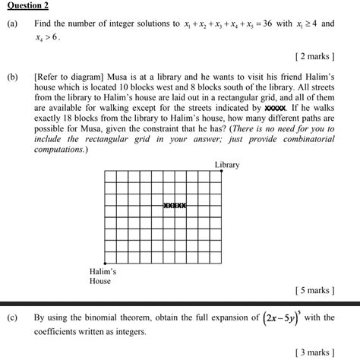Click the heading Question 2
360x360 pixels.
point(27,6)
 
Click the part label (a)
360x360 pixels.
point(13,24)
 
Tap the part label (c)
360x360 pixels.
point(13,317)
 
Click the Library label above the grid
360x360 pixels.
point(226,165)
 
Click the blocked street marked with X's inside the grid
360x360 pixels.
point(175,205)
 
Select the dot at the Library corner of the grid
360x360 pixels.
point(222,172)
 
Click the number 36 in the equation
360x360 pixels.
point(283,24)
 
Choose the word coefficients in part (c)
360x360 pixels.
point(57,331)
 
